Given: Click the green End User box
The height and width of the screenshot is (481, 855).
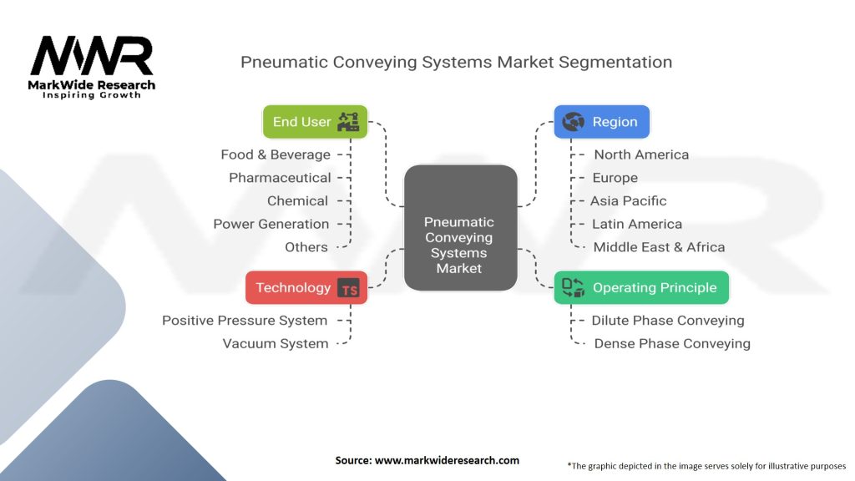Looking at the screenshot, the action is [x=315, y=122].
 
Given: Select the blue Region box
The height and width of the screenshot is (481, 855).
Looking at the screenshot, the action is [x=602, y=122].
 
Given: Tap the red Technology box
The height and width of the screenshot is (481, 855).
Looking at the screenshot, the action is [x=306, y=287].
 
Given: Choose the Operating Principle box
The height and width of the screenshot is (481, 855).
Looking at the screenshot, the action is [x=641, y=287].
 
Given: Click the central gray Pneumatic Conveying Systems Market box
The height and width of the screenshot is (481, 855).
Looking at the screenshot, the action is [x=461, y=228].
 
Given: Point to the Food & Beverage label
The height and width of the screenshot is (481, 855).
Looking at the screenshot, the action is [x=276, y=154].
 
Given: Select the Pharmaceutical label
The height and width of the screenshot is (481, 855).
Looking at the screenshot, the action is [x=280, y=178].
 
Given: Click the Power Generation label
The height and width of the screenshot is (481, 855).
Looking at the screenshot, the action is [x=271, y=224].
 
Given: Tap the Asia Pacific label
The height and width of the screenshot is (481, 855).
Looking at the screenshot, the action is [x=628, y=201].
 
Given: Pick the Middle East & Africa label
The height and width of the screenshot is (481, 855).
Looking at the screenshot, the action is [x=660, y=247].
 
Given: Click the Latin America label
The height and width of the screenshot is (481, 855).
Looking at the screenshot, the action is [x=637, y=224].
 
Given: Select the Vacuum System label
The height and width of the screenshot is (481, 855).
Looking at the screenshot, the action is [x=276, y=343].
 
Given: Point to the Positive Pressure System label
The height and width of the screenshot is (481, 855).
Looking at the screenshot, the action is [x=245, y=321].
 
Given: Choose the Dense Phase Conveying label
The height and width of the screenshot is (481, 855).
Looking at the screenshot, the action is [x=672, y=343].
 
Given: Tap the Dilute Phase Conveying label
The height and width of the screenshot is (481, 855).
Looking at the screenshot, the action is [x=668, y=321].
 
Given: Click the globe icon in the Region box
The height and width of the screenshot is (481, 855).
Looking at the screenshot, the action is [x=573, y=122].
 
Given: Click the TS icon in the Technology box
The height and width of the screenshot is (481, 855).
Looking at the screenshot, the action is [x=348, y=288].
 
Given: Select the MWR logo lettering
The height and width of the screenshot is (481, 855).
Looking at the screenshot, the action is [x=92, y=56].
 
